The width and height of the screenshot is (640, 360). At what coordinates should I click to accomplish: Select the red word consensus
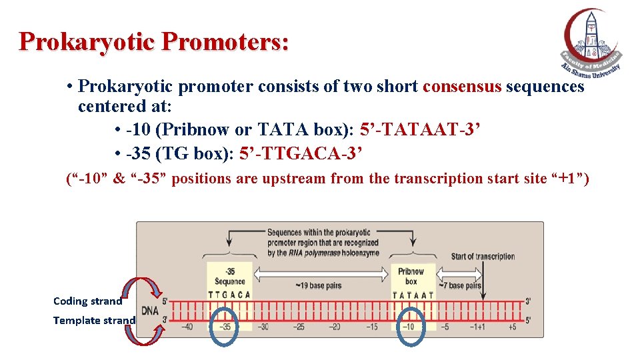click(462, 87)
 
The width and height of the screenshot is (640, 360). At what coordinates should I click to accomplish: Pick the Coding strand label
click(87, 301)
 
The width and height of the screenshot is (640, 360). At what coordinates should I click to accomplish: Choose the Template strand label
click(93, 320)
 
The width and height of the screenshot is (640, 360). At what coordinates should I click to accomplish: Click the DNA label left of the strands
click(149, 310)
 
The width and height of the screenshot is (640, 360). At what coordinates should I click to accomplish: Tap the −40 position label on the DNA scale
click(189, 327)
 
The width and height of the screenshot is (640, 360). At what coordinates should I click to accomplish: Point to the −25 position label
click(299, 327)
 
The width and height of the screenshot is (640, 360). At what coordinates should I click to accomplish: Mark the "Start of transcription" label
click(483, 257)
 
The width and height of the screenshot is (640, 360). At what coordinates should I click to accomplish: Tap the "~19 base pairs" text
click(318, 285)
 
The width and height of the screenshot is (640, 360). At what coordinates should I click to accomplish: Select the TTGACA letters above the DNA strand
click(229, 295)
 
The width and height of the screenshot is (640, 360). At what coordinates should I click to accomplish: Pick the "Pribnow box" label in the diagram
click(411, 276)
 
